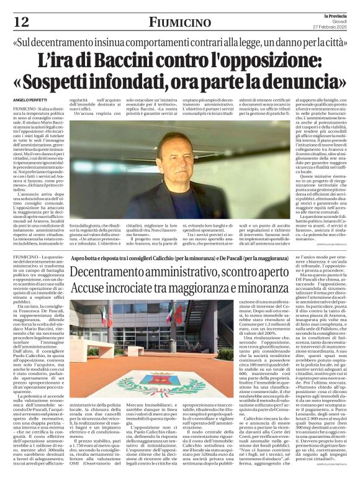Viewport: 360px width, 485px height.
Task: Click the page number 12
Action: (21, 22)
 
